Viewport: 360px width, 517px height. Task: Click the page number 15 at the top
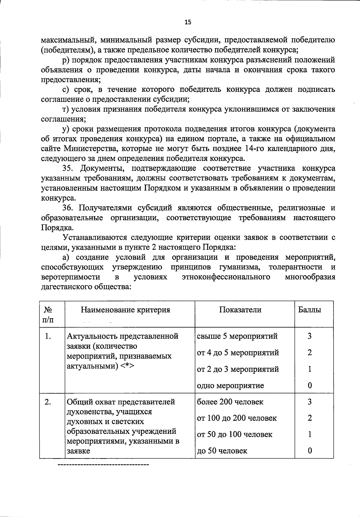(187, 22)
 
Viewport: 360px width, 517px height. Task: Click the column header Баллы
(309, 310)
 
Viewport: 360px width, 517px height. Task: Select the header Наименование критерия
(125, 310)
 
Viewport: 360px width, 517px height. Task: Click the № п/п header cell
(49, 314)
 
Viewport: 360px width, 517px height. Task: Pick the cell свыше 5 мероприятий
(237, 336)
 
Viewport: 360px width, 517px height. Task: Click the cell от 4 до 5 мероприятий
(238, 352)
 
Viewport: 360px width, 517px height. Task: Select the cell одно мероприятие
(230, 385)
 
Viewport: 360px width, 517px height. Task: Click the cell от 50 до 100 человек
(234, 434)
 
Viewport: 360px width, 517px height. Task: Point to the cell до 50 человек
(222, 451)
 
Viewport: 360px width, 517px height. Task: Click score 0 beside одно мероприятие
(310, 385)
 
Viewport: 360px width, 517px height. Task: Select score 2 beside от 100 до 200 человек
(310, 418)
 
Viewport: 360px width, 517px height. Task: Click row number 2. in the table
(48, 402)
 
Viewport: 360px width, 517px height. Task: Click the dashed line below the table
(103, 465)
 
